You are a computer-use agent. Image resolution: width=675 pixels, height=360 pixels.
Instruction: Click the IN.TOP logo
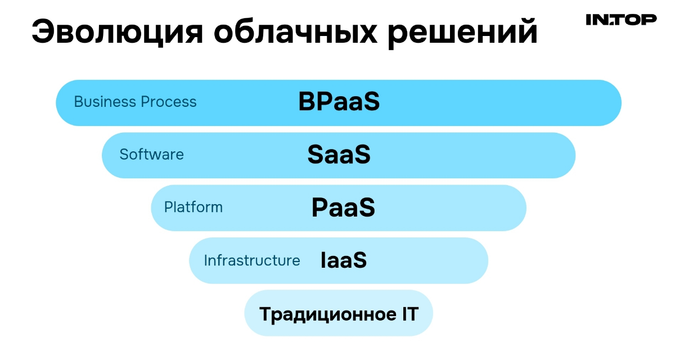(x=621, y=20)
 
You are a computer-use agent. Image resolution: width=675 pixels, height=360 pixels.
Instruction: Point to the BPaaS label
(x=339, y=102)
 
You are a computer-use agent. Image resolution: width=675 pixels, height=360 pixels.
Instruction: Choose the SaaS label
(x=339, y=155)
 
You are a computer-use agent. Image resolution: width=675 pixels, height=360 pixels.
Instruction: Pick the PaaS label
(x=343, y=208)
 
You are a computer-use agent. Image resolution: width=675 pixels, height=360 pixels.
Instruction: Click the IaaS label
(x=343, y=260)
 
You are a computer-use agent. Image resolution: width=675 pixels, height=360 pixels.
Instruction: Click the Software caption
(x=151, y=154)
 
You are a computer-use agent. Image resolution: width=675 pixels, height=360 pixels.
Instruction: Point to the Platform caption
(x=193, y=207)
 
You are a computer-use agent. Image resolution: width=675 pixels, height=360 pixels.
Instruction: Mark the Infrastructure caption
(x=251, y=260)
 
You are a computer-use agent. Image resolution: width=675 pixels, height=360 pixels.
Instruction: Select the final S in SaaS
(x=363, y=155)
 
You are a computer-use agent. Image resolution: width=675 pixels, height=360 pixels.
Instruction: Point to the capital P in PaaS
(x=320, y=208)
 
